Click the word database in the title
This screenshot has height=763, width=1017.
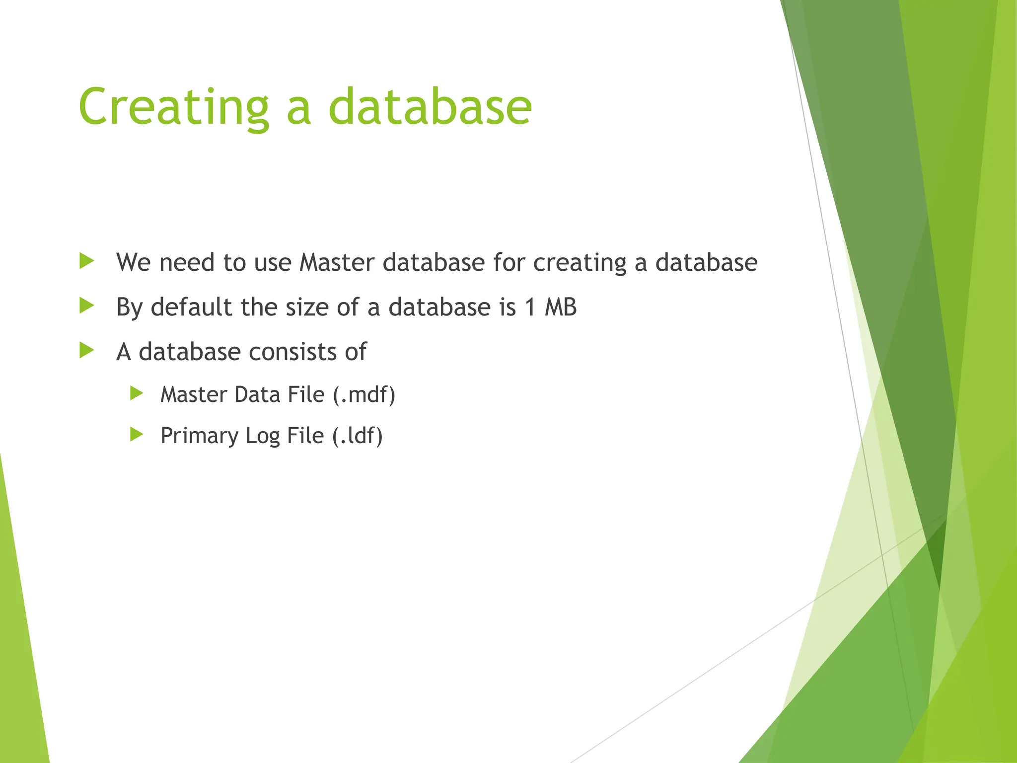(430, 107)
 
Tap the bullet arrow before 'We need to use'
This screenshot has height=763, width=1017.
(86, 261)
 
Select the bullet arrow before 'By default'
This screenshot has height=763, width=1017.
(86, 306)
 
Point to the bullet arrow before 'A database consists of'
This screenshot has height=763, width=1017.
(86, 351)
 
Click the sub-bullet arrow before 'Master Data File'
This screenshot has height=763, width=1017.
(137, 394)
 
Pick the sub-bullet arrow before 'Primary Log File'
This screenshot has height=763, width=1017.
(137, 435)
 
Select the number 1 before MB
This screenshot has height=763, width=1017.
(530, 307)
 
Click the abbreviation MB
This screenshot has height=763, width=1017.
(561, 307)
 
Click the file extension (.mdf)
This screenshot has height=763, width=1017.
(364, 395)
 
